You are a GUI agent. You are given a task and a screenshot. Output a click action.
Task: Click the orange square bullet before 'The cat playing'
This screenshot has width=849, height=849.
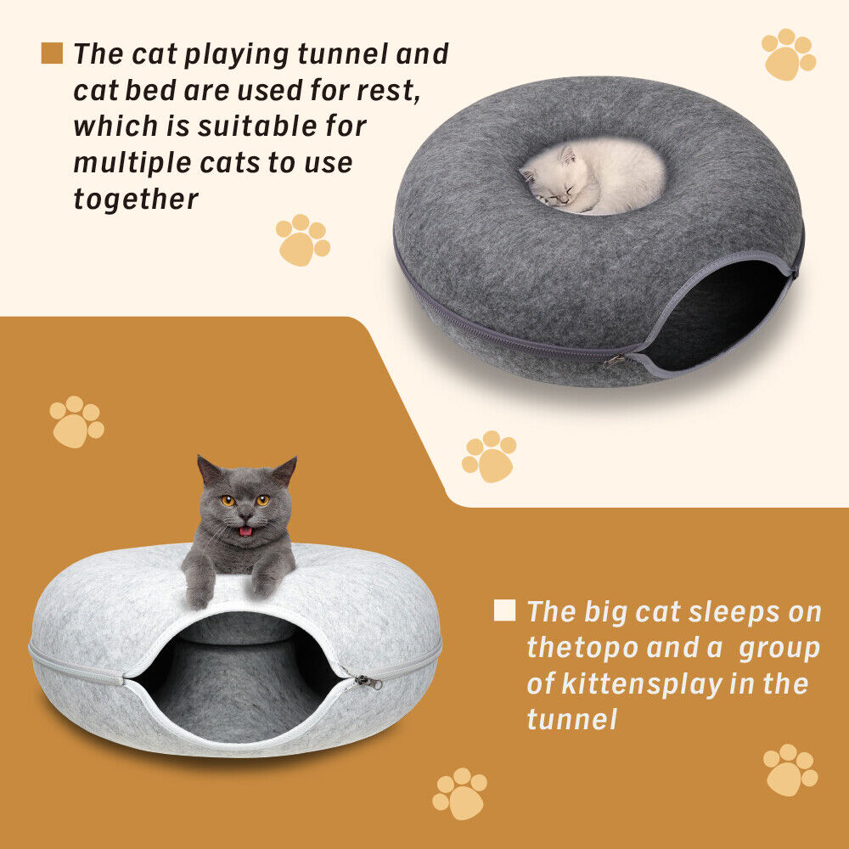click(52, 53)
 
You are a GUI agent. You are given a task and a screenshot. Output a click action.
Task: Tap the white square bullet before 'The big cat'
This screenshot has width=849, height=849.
click(504, 610)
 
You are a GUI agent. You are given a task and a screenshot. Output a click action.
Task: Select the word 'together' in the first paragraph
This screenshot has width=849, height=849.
click(136, 200)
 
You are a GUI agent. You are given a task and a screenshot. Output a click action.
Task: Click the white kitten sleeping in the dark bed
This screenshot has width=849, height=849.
click(591, 177)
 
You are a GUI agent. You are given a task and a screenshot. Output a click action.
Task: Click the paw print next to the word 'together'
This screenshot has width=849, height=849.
click(302, 239)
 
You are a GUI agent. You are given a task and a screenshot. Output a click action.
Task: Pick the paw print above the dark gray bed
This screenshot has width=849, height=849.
click(789, 54)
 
